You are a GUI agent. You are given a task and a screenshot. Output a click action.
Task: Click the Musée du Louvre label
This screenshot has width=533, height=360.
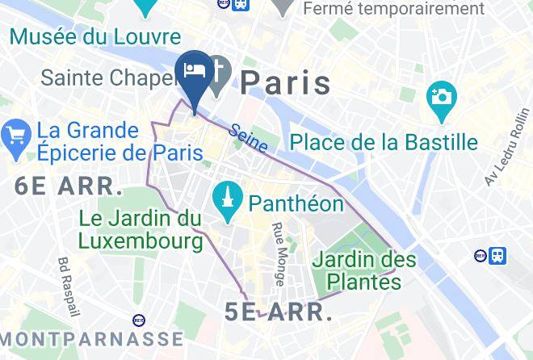[x=95, y=37]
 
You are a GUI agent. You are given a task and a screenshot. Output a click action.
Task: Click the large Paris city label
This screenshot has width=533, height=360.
[x=286, y=82]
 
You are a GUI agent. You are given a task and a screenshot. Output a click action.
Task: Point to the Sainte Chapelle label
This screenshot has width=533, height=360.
[x=107, y=79]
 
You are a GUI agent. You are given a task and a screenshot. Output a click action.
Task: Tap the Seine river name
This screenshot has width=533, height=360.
[x=247, y=138]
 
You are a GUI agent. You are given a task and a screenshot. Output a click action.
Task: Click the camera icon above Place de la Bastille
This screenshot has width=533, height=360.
[x=442, y=98]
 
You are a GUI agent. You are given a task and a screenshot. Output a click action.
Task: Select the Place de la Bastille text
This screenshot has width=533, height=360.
[x=384, y=143]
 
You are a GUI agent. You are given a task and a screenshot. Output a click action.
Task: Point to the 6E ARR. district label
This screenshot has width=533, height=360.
[x=68, y=187]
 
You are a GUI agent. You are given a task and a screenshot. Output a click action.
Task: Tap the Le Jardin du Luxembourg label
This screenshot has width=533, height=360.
[x=140, y=229]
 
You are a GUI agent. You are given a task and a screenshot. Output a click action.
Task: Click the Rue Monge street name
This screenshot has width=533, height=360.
[x=278, y=253]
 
